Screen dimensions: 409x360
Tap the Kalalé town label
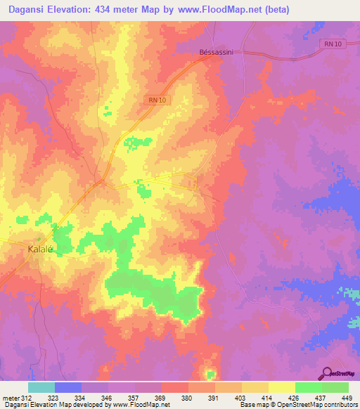(40, 249)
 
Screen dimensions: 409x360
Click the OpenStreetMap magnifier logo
(327, 373)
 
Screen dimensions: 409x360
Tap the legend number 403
(240, 398)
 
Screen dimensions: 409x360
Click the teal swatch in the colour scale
(41, 387)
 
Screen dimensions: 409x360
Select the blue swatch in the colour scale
(68, 387)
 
